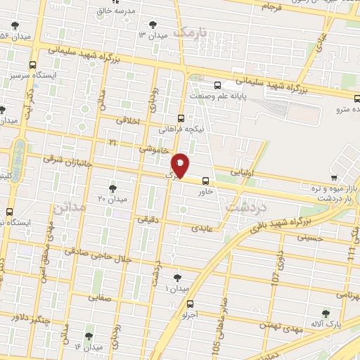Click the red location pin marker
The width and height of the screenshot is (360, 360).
click(x=181, y=165)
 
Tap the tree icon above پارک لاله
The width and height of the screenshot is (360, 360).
click(x=326, y=314)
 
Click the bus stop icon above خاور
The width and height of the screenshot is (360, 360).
click(x=205, y=180)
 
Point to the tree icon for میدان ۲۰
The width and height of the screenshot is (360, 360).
click(x=112, y=187)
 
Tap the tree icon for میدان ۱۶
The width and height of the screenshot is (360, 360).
click(x=89, y=336)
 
